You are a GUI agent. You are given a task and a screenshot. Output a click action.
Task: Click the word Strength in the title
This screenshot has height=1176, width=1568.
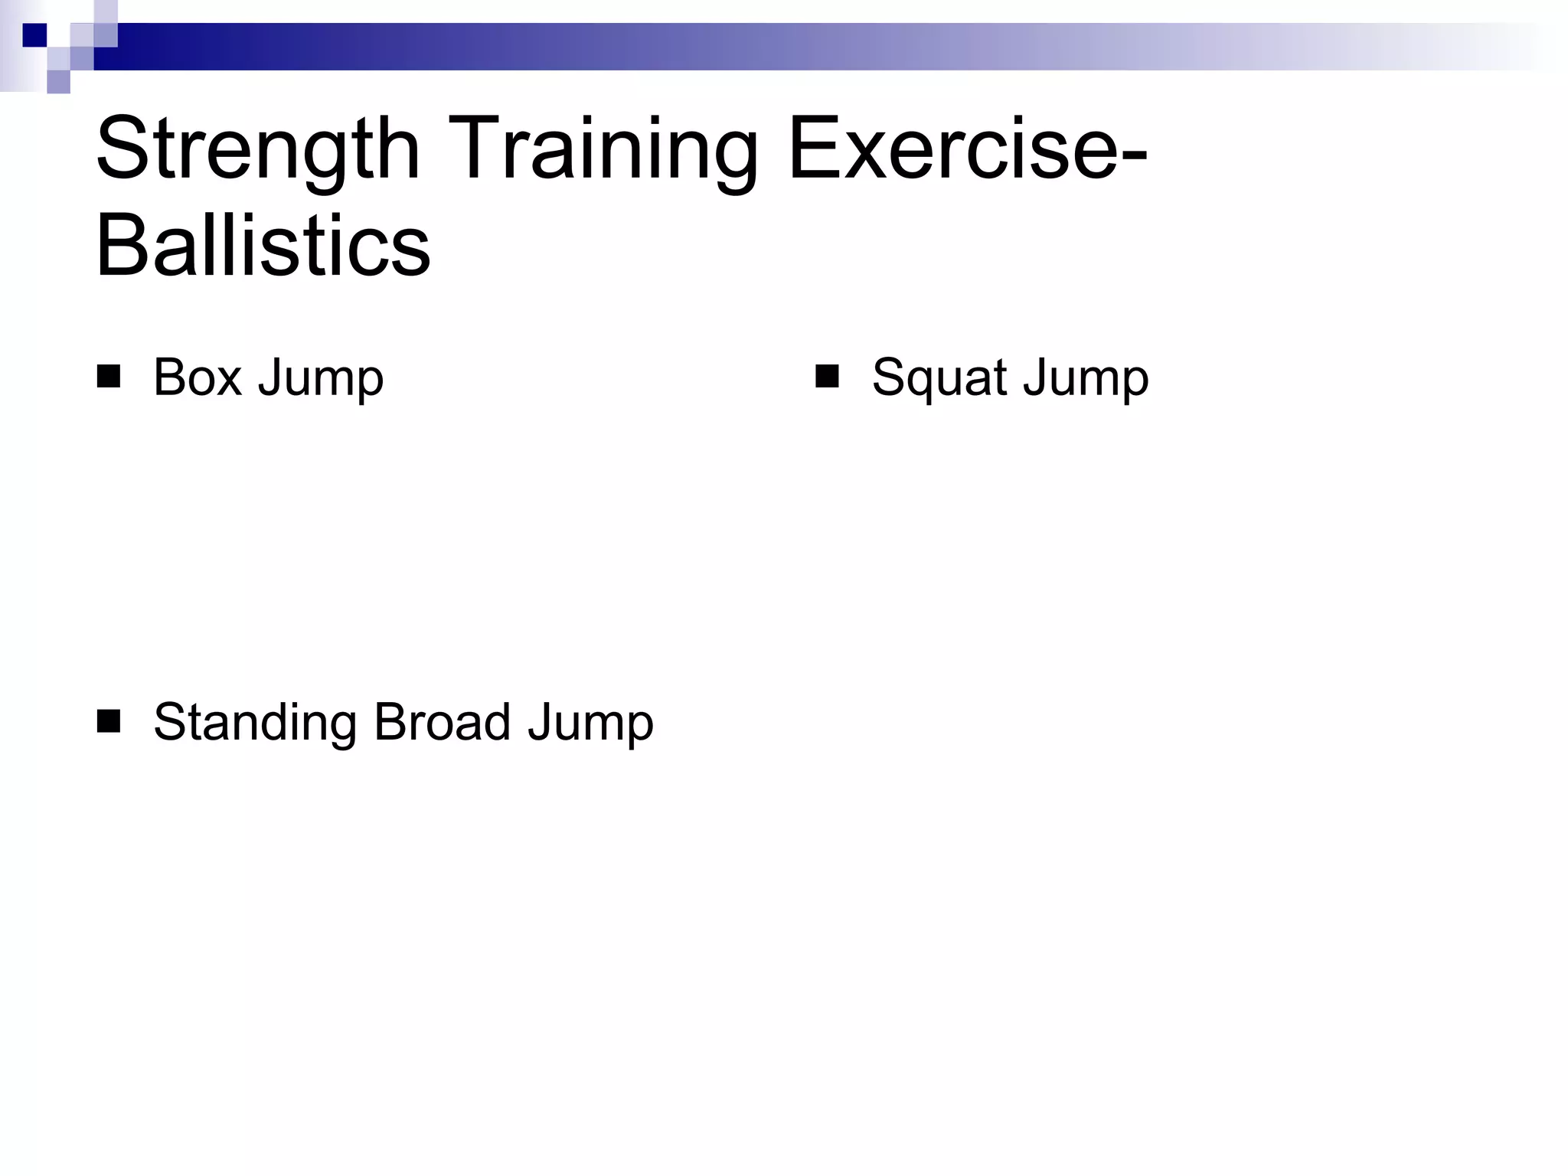coord(258,149)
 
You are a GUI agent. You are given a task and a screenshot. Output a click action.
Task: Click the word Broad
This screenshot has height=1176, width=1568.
coord(442,721)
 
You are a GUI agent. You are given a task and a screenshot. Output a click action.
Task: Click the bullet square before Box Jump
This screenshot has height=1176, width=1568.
coord(109,377)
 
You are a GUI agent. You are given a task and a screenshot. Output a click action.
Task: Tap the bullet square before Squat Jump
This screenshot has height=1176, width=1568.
coord(827,377)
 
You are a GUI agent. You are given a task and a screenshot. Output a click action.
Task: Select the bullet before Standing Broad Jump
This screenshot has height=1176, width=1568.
coord(109,721)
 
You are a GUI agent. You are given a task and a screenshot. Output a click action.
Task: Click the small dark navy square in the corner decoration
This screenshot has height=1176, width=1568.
coord(34,35)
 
